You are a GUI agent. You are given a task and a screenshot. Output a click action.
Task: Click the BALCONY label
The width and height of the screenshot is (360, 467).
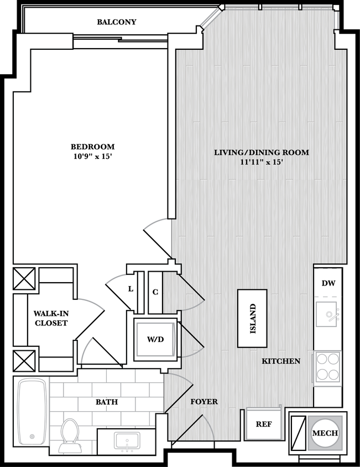116,22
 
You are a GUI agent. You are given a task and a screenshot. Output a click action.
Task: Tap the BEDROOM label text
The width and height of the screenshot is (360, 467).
92,147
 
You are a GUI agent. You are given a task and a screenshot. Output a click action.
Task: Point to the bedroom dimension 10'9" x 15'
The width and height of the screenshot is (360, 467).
92,157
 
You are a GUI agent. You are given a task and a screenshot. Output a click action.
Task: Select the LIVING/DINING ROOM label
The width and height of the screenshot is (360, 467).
261,152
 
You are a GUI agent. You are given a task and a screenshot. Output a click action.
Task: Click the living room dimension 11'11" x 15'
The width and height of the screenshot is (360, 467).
261,162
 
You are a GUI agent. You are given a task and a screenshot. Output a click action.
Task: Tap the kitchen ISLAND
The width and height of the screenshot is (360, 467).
253,319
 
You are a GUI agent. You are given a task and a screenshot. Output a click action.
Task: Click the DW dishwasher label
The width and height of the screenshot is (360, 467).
328,283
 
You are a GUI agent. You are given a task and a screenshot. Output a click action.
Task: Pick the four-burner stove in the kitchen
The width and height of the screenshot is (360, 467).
327,366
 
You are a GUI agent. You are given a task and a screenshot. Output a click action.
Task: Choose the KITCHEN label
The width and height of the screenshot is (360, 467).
281,361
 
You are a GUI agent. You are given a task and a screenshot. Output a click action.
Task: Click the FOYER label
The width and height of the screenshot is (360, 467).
204,402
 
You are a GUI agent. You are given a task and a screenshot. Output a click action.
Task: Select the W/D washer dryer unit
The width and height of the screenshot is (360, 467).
155,339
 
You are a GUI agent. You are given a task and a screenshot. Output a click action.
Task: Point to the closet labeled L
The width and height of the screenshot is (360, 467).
131,289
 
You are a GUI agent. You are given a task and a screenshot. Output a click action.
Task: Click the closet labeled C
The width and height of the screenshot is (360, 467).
155,292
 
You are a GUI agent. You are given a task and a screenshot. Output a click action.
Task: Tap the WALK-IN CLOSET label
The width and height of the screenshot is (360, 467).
50,318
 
